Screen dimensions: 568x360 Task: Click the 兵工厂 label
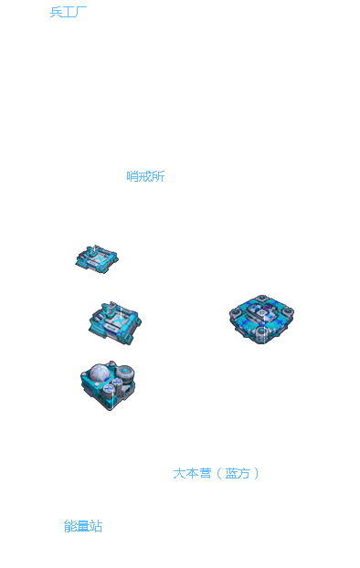click(67, 12)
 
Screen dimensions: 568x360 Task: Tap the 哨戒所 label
click(144, 176)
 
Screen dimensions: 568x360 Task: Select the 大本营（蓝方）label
click(214, 474)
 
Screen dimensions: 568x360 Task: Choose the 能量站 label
click(83, 527)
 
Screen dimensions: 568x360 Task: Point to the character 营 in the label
click(206, 474)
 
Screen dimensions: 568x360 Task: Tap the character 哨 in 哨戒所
click(134, 176)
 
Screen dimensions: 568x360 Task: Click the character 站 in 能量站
click(96, 527)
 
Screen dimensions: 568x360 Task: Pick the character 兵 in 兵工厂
click(56, 12)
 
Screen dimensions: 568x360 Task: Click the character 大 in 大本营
click(180, 474)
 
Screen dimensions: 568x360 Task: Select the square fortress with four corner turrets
click(261, 319)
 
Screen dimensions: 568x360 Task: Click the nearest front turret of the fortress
click(261, 334)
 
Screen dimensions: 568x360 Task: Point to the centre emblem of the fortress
click(261, 315)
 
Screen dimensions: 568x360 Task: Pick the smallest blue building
click(96, 259)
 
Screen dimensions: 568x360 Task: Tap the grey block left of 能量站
click(57, 527)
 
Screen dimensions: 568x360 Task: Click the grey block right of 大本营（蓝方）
click(259, 474)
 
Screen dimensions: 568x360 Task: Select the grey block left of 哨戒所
click(124, 176)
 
